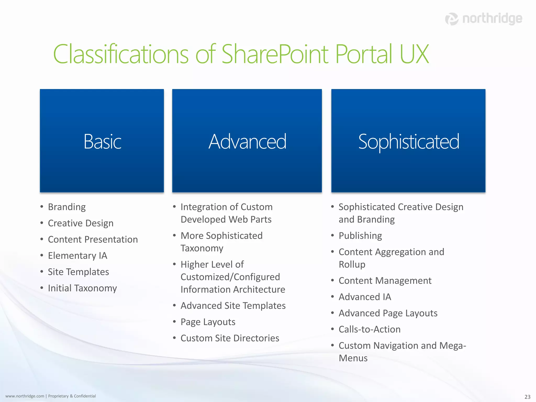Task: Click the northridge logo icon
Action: coord(452,19)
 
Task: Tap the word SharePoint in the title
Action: coord(275,54)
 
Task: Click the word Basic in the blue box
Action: coord(102,142)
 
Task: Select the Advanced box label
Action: coord(247,142)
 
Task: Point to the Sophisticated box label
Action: coord(409,142)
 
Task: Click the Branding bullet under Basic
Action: coord(67,207)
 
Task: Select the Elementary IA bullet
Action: coord(77,256)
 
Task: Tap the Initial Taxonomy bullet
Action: coord(82,288)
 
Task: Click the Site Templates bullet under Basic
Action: coord(78,272)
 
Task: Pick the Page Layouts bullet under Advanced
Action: coord(208,322)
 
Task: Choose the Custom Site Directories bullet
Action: coord(230,338)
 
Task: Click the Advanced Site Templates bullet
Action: coord(233,306)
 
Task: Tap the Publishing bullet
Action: coord(360,236)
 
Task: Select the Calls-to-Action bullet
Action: coord(370,329)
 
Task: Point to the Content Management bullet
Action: coord(385,281)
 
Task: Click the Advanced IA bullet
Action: coord(365,297)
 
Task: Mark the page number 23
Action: coord(527,397)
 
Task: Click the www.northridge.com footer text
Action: coord(25,396)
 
